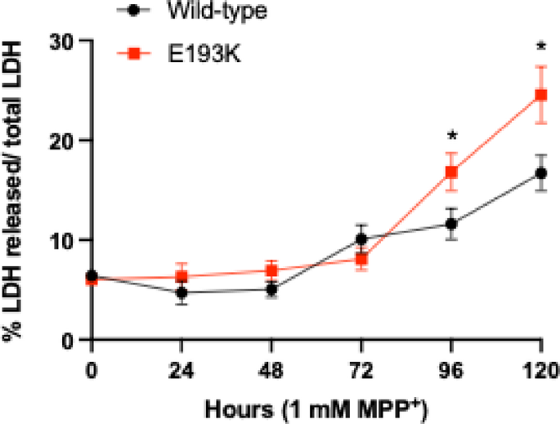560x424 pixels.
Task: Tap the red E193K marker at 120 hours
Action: pos(540,95)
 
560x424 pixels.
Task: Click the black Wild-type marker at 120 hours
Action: pos(540,173)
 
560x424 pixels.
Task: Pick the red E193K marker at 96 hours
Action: pos(450,172)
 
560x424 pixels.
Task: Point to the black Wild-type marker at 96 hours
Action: pos(450,223)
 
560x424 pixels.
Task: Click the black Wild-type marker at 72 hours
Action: pos(361,239)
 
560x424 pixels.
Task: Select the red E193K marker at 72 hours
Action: pos(361,259)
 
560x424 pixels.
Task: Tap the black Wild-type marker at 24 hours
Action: pos(182,292)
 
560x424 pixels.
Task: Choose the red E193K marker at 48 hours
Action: pos(271,270)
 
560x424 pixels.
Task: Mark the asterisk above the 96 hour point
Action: pos(450,136)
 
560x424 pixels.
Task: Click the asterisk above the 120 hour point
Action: pos(540,47)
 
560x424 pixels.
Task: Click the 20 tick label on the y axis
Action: pos(64,141)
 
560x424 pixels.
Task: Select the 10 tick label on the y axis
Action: pos(64,240)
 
